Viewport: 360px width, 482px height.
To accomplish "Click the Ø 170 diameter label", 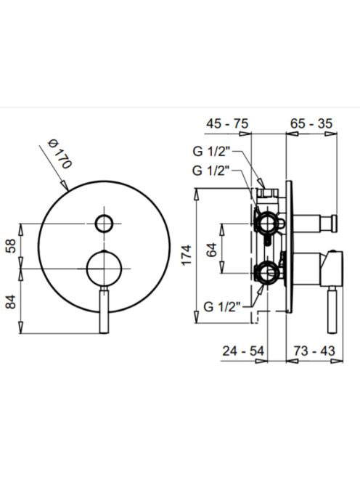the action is [60, 154].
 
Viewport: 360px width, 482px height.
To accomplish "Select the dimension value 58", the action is [12, 245].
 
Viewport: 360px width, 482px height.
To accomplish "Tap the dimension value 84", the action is [12, 301].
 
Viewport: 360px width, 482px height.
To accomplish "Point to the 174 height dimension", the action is [187, 255].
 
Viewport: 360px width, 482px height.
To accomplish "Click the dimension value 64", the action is [212, 250].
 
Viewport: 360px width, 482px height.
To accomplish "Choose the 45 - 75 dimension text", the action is [227, 123].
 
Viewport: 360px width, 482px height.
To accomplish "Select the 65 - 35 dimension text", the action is [311, 123].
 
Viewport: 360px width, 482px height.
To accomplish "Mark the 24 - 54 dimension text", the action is [243, 351].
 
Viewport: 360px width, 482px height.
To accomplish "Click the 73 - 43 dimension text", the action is [314, 351].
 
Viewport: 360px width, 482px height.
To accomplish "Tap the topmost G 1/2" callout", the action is [211, 152].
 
